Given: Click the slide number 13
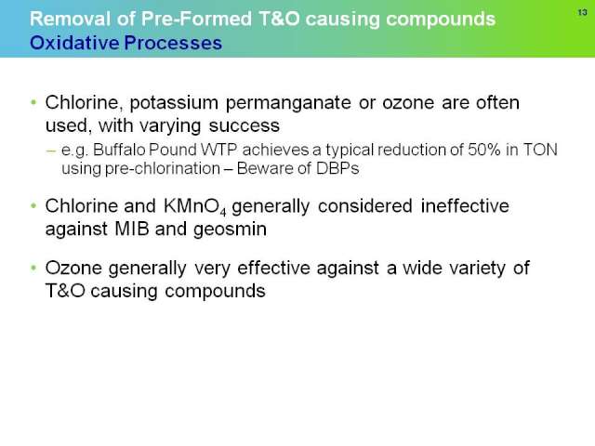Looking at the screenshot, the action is [x=583, y=13].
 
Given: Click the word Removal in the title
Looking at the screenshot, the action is [x=71, y=19].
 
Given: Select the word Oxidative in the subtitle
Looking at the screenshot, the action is [x=74, y=43].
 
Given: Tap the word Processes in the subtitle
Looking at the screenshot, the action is [x=173, y=43].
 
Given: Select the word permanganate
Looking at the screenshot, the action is [x=288, y=103].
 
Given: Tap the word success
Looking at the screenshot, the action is [x=245, y=125].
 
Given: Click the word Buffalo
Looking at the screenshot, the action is [x=119, y=150].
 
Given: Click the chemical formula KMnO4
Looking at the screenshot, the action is [x=195, y=207].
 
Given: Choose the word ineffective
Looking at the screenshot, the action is [x=465, y=206].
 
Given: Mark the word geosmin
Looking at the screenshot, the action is [x=230, y=230].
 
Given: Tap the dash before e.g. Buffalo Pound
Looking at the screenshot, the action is [x=50, y=151].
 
